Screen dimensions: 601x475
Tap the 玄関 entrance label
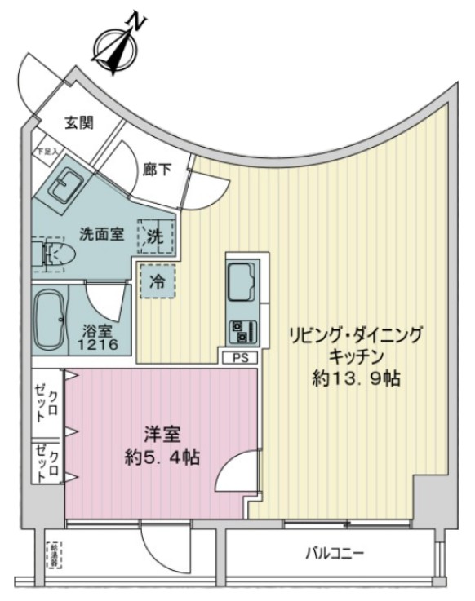79,123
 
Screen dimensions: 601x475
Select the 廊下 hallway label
155,171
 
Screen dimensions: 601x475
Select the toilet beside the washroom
51,254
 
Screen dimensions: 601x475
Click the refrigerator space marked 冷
157,282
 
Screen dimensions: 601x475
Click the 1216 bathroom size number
100,345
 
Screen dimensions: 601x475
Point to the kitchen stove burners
243,330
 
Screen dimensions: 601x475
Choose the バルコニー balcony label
335,555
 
